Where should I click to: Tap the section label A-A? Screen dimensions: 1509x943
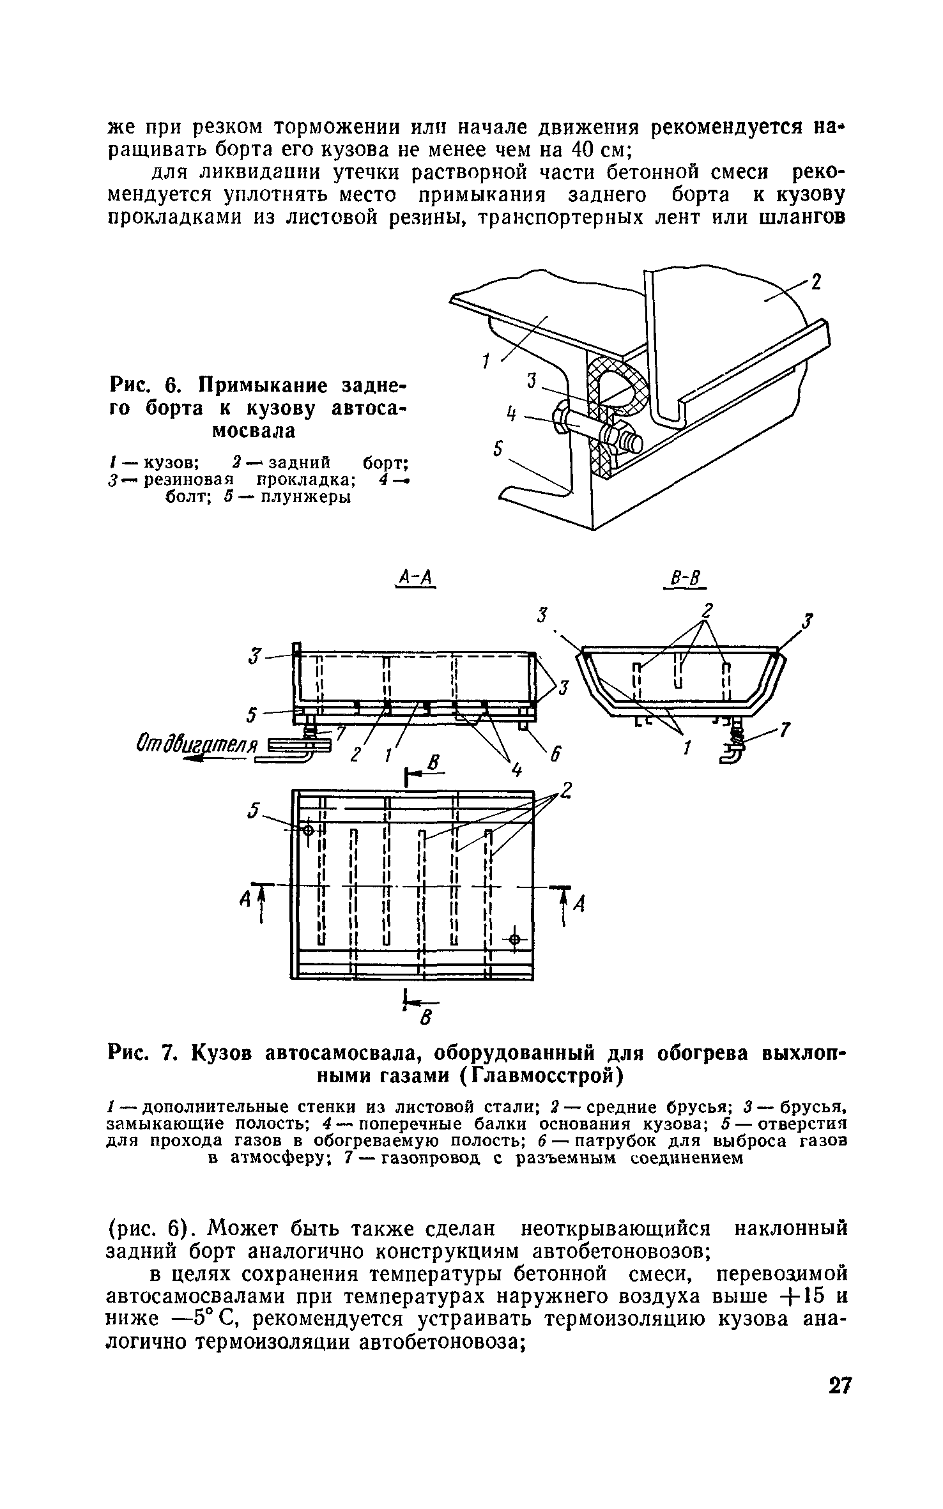415,579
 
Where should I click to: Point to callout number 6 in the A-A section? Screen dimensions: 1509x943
555,754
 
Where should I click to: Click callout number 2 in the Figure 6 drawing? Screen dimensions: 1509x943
816,281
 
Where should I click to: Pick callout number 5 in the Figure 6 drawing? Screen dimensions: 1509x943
499,450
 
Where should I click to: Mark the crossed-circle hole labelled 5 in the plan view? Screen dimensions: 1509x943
307,830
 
